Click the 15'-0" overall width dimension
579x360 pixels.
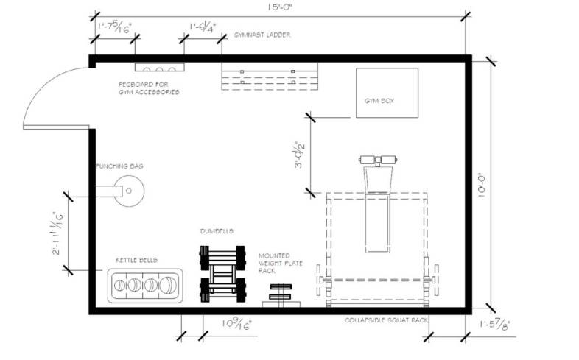point(280,8)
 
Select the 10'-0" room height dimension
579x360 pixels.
point(481,186)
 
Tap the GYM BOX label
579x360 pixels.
point(379,101)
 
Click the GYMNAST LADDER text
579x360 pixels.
point(262,35)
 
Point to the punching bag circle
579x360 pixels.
point(129,191)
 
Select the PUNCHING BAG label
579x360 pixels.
point(119,166)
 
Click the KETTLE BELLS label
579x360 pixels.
point(136,260)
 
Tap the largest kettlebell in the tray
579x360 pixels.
point(168,285)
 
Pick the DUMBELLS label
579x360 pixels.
point(217,231)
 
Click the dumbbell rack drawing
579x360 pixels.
point(222,274)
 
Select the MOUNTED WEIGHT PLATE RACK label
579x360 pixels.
point(280,263)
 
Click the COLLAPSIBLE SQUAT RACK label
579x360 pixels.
point(386,320)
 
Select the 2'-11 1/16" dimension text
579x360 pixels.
point(57,233)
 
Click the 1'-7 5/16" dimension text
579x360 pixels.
point(114,27)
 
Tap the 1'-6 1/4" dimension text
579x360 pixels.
point(203,27)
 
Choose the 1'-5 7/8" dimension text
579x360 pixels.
point(495,325)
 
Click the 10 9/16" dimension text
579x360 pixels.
point(236,324)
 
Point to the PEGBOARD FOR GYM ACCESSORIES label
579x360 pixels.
point(149,88)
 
